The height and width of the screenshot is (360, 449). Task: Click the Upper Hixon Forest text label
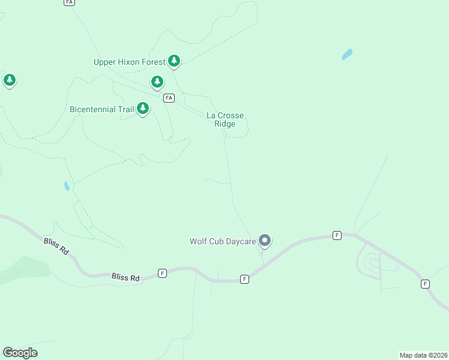(129, 62)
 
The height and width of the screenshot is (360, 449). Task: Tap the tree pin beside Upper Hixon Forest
(174, 60)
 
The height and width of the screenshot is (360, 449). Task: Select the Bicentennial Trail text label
(101, 109)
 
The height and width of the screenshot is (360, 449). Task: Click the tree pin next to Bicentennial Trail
(143, 108)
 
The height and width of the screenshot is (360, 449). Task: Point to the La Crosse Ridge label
(225, 119)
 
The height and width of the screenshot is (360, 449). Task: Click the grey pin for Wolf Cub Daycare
(265, 241)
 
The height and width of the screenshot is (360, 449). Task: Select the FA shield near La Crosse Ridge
(169, 98)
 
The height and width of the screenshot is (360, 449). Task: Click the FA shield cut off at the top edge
(69, 2)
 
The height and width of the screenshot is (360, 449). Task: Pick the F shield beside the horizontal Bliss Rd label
(162, 273)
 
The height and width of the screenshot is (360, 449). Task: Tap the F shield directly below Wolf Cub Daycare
(244, 279)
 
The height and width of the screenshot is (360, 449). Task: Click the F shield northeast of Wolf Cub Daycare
(337, 235)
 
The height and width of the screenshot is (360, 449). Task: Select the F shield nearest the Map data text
(425, 284)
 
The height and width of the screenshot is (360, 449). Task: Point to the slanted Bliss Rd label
(57, 247)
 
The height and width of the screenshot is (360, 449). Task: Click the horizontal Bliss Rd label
(125, 278)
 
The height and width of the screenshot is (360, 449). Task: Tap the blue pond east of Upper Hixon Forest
(347, 55)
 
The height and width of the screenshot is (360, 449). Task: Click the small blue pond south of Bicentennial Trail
(67, 186)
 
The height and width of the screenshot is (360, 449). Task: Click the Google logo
(20, 352)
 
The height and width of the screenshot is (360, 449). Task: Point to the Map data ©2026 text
(423, 355)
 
